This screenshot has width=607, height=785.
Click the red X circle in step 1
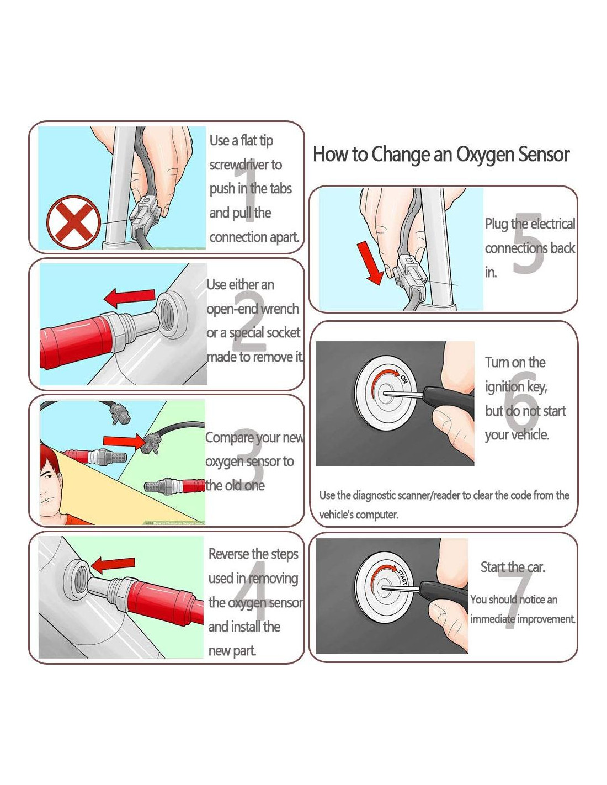click(73, 222)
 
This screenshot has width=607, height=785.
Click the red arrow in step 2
click(129, 298)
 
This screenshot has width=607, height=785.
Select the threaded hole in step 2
click(173, 315)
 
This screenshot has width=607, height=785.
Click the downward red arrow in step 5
click(370, 263)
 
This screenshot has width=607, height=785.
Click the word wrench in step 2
click(280, 309)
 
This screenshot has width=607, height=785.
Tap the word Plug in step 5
click(497, 224)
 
